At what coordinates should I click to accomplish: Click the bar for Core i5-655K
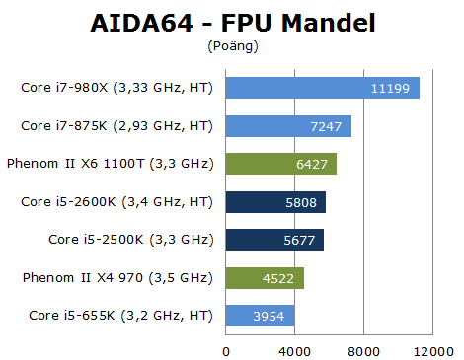(x=260, y=316)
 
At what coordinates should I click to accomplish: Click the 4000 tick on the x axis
(x=294, y=350)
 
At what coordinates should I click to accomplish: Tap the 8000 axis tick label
(x=363, y=350)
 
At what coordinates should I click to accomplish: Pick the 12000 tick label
(x=432, y=350)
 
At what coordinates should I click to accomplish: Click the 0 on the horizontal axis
(x=226, y=350)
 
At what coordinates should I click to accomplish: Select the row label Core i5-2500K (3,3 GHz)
(x=130, y=240)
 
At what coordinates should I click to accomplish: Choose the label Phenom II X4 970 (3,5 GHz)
(x=117, y=278)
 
